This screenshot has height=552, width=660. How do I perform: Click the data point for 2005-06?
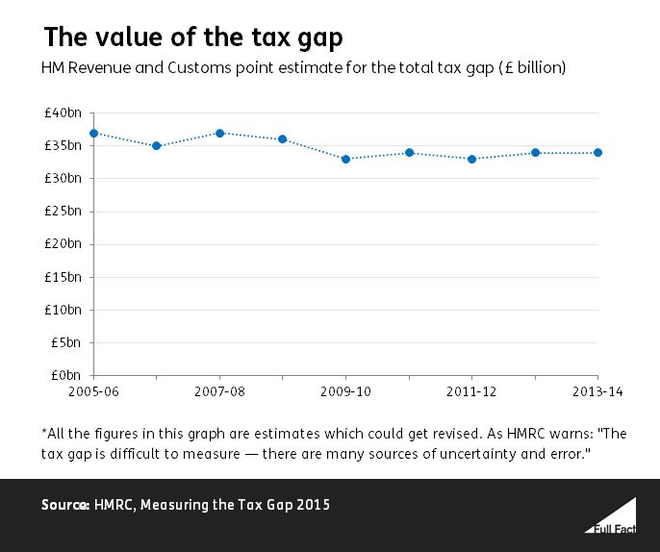point(93,133)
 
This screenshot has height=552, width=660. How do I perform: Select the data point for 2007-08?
point(220,133)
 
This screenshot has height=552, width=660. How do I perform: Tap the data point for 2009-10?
point(346,159)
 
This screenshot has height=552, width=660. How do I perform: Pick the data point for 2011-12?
point(472,159)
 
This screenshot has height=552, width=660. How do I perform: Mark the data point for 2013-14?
point(598,152)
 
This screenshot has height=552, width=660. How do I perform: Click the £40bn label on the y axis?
point(63,113)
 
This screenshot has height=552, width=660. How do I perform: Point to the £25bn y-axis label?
point(63,212)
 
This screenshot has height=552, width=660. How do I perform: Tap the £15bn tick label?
point(63,277)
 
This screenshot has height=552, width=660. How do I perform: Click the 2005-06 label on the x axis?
point(93,393)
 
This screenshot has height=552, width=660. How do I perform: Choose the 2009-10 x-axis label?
point(346,393)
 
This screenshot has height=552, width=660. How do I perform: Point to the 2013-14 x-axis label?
point(595,393)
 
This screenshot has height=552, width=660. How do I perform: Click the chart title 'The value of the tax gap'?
point(193,38)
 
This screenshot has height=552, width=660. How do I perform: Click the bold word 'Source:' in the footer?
point(64,505)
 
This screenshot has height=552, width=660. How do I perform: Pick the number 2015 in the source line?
point(313,505)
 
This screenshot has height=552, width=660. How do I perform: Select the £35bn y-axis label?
point(63,146)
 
